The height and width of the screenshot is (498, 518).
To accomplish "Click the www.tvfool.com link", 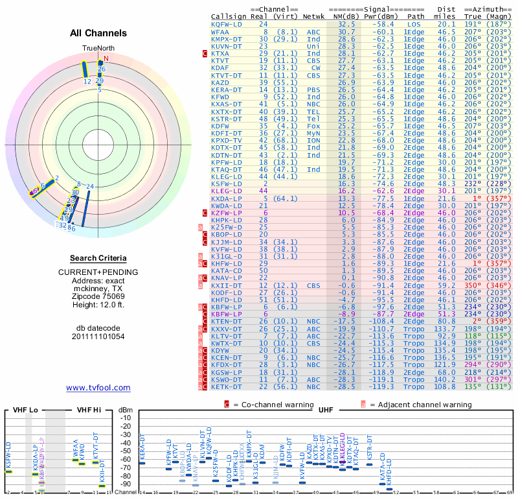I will pyautogui.click(x=98, y=388).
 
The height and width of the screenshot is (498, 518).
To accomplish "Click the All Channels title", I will pyautogui.click(x=98, y=33).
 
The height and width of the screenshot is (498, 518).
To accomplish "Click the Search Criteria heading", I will pyautogui.click(x=98, y=257).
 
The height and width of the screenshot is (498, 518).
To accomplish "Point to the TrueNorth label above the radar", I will pyautogui.click(x=98, y=49).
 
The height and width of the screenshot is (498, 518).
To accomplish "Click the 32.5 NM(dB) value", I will pyautogui.click(x=346, y=24).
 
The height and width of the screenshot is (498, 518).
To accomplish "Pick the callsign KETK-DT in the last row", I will pyautogui.click(x=227, y=386).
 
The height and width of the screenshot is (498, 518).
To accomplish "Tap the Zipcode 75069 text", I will pyautogui.click(x=98, y=296).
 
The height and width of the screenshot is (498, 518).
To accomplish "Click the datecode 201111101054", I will pyautogui.click(x=98, y=337).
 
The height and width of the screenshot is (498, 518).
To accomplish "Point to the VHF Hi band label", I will pyautogui.click(x=88, y=410).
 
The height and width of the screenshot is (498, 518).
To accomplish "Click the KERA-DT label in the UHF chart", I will pyautogui.click(x=142, y=447).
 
